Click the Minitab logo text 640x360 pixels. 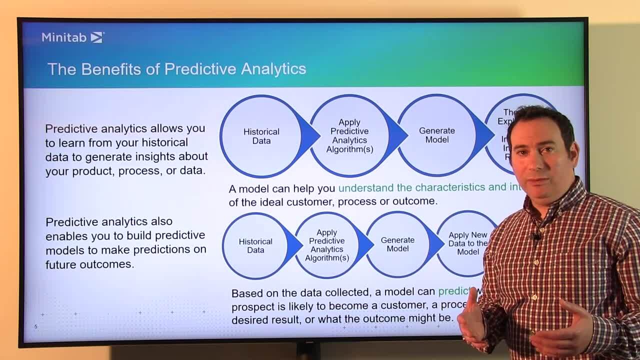64,37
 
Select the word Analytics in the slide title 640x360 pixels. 273,68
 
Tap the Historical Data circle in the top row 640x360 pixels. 261,136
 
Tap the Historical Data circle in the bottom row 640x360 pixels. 255,245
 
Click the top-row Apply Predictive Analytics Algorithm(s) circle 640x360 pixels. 349,136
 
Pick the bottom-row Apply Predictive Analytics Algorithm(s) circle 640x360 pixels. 326,245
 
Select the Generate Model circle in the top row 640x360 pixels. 436,135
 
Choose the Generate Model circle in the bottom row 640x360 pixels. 397,244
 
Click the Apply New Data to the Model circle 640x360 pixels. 467,243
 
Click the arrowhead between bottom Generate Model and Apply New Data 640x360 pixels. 436,244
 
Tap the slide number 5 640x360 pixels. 36,326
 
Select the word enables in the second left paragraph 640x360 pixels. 66,235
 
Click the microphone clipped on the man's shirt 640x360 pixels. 536,236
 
